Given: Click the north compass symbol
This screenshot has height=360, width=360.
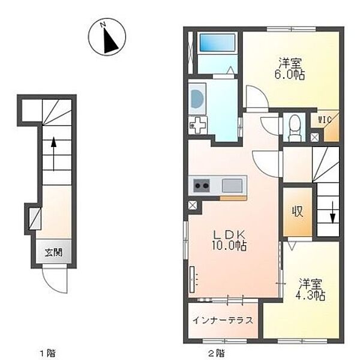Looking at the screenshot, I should pyautogui.click(x=106, y=37).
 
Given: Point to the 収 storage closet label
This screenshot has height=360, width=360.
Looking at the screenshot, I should pyautogui.click(x=296, y=212).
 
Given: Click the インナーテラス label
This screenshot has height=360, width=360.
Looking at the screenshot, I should pyautogui.click(x=222, y=320).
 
